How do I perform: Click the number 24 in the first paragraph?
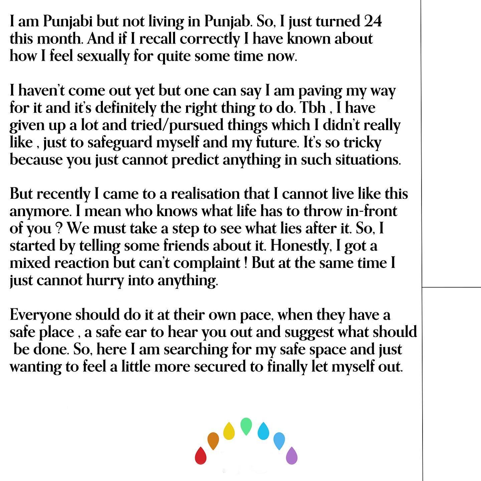[x=372, y=22]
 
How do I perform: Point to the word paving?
[x=320, y=91]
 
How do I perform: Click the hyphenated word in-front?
[x=372, y=211]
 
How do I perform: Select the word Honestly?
[x=301, y=246]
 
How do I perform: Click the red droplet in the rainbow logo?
[x=200, y=455]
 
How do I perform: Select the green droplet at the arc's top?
[x=246, y=426]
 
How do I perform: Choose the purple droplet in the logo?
[x=292, y=455]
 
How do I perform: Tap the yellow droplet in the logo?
[x=229, y=431]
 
